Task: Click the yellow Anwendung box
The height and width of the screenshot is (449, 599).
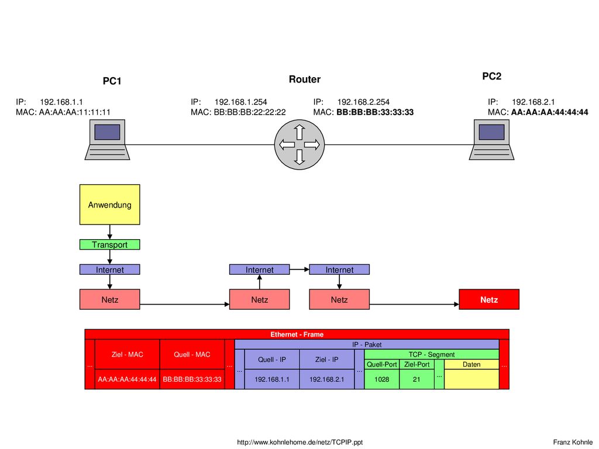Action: pos(109,205)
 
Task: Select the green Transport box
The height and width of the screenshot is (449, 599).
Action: pos(109,244)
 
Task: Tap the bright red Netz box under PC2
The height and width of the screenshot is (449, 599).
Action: pos(489,299)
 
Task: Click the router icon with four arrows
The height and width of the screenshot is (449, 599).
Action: pos(299,144)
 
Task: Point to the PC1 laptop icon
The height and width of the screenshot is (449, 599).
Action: pos(108,139)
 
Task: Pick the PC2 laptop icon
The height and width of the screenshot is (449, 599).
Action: pos(491,139)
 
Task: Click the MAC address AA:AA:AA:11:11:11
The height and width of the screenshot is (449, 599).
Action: pos(74,112)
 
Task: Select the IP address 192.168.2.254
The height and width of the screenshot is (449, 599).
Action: pos(363,102)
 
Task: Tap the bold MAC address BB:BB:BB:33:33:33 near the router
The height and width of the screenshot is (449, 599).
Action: pos(375,112)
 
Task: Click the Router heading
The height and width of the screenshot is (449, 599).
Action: pos(304,79)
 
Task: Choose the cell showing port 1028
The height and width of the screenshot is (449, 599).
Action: pos(381,379)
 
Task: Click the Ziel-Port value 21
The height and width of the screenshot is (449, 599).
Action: pos(416,379)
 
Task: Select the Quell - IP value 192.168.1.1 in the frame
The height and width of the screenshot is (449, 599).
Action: pos(272,379)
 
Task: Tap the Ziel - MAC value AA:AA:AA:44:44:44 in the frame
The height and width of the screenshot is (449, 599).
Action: pos(127,379)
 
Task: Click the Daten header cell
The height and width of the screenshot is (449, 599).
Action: pos(471,364)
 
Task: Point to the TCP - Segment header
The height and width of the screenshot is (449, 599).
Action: pos(432,354)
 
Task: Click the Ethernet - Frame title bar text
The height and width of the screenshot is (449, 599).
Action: pos(297,334)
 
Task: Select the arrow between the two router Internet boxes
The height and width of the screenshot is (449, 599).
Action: pos(299,269)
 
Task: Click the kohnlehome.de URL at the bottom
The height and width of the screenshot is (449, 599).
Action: pos(300,442)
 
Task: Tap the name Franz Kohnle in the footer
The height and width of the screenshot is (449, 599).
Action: pos(573,442)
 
